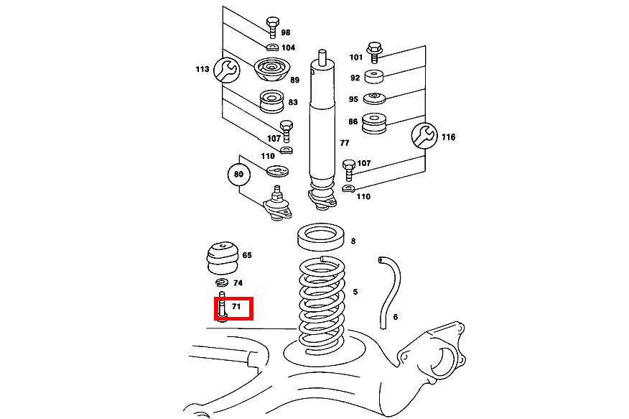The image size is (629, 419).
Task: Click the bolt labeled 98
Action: (272, 26)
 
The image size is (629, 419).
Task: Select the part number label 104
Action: (287, 47)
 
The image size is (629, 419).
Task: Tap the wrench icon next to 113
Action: (226, 70)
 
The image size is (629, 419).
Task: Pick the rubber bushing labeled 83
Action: (271, 101)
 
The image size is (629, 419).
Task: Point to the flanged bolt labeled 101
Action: (373, 50)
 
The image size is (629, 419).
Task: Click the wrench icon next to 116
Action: (424, 135)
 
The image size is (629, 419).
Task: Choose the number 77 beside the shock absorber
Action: (345, 143)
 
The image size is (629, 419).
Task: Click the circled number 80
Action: (238, 175)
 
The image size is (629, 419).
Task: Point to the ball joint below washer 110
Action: (277, 205)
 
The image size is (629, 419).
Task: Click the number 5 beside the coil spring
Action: (354, 292)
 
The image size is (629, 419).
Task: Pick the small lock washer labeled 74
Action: (222, 282)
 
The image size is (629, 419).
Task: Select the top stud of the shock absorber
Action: (323, 56)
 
